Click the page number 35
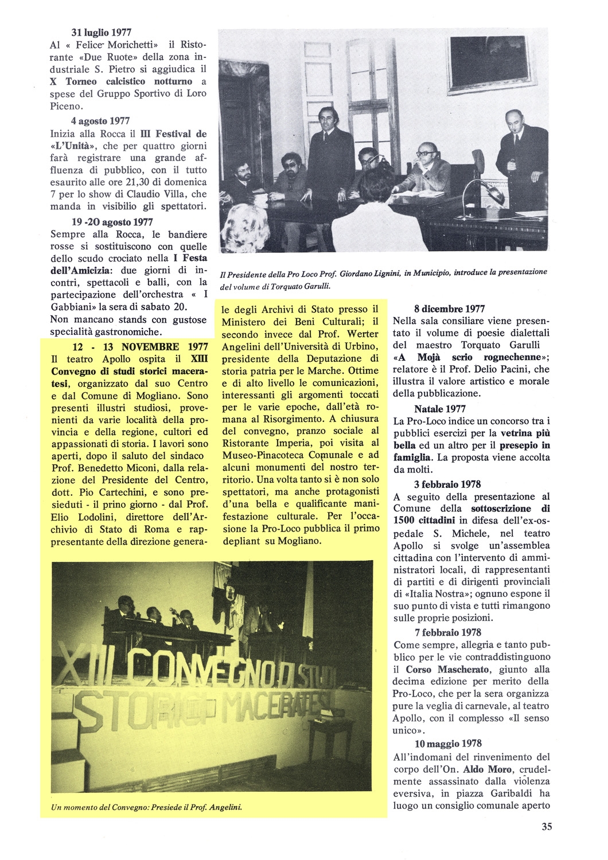[546, 826]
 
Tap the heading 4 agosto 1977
[101, 121]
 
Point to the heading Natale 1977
[442, 409]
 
